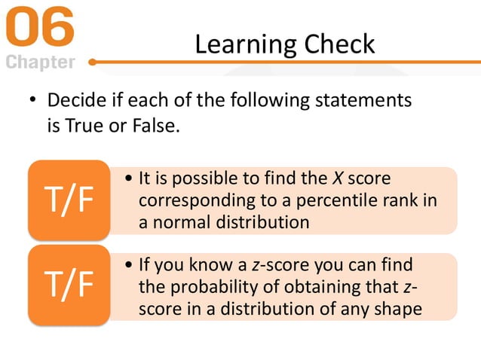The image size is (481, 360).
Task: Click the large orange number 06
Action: (41, 28)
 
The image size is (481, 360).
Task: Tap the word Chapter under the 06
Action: (41, 62)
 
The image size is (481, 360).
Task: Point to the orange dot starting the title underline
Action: (92, 63)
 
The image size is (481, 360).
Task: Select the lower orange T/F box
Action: (69, 285)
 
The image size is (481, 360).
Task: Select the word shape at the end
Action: (400, 309)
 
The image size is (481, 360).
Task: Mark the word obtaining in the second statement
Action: (330, 287)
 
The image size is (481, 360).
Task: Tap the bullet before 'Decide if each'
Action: (32, 101)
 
